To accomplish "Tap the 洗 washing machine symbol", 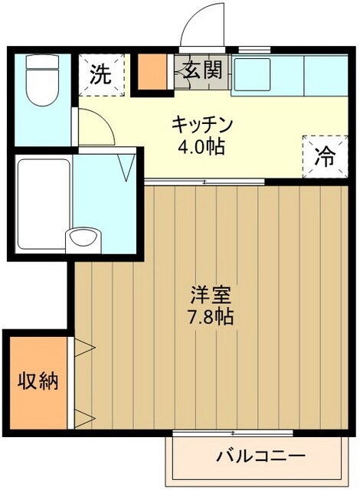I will coord(100,75).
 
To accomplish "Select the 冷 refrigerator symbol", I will coord(326,157).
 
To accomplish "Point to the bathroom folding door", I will coord(128,165).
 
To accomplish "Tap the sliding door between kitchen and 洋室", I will coord(205,181).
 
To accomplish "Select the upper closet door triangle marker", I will coord(85,348).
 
